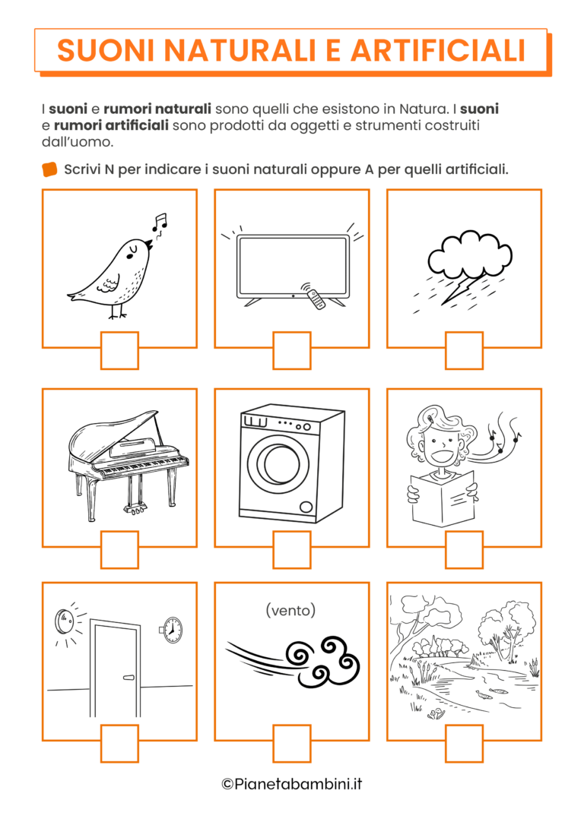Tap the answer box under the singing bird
coord(119,350)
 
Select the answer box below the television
coord(292,350)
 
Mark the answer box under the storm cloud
coord(464,350)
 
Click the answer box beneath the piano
coord(119,550)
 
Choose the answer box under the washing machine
coord(292,550)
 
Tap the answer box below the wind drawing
coord(292,744)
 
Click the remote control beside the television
coord(316,299)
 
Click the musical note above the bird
coord(159,222)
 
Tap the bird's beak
coord(149,245)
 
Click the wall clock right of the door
coord(172,629)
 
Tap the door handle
coord(129,678)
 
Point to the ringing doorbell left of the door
coord(63,622)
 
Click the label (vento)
coord(290,610)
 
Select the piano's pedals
coord(135,508)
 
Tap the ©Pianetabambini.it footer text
coord(292,784)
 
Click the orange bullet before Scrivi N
coord(49,169)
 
